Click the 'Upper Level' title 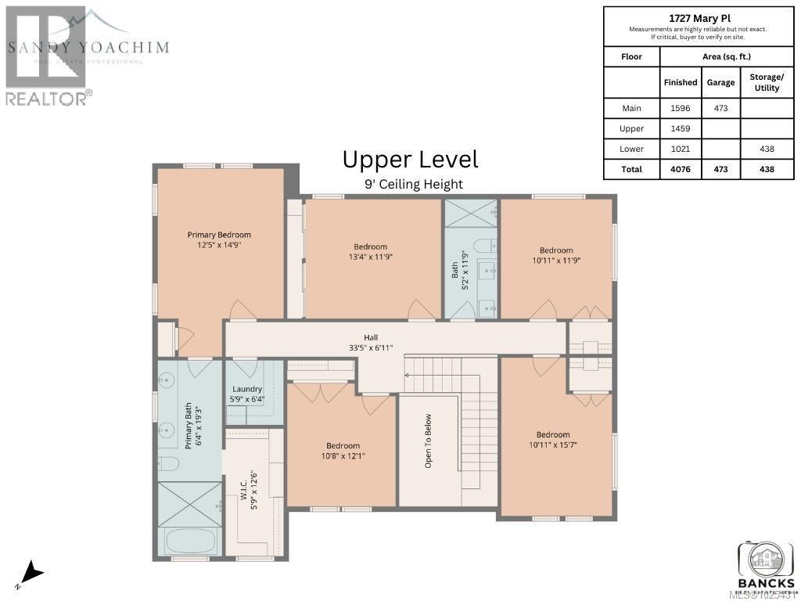(410, 160)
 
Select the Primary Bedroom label (218, 234)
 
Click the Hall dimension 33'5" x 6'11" (371, 347)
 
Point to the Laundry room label (247, 389)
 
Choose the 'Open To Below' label (428, 441)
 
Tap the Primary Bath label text (188, 427)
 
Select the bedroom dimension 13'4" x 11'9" (370, 257)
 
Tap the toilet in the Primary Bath (167, 464)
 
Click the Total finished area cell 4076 (680, 169)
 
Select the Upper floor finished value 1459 (680, 128)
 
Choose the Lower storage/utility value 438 (766, 149)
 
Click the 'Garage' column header (720, 82)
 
